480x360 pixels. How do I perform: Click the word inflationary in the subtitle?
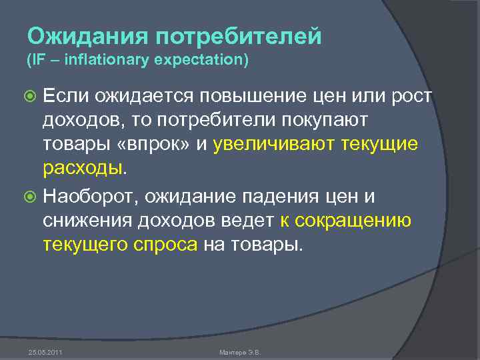point(101,61)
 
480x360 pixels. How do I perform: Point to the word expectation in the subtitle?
point(199,61)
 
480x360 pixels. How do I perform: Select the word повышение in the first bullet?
point(245,97)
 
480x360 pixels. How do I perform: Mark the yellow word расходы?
point(83,168)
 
